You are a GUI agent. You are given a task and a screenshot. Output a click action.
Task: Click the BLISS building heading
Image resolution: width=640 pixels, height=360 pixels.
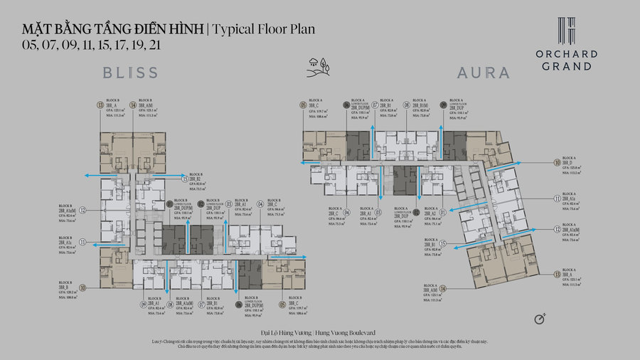130,73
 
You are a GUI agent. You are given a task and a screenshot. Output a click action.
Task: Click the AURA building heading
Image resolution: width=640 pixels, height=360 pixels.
483,73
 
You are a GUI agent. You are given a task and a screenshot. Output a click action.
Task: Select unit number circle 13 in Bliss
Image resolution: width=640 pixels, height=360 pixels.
100,105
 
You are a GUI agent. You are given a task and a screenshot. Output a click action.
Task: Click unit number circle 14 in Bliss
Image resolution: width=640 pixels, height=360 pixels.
133,105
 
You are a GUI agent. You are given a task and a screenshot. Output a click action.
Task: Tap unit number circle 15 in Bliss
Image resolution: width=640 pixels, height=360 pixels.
186,180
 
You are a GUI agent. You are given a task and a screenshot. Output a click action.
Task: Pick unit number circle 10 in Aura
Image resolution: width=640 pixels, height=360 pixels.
558,162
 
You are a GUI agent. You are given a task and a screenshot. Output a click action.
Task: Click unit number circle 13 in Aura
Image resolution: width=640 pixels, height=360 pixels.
558,274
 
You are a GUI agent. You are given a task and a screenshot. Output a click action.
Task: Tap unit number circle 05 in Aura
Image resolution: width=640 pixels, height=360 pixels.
303,105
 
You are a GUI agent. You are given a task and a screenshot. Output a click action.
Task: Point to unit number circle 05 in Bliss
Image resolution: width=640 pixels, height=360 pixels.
282,305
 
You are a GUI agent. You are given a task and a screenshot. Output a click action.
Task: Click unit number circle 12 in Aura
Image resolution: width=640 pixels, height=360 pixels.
558,229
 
